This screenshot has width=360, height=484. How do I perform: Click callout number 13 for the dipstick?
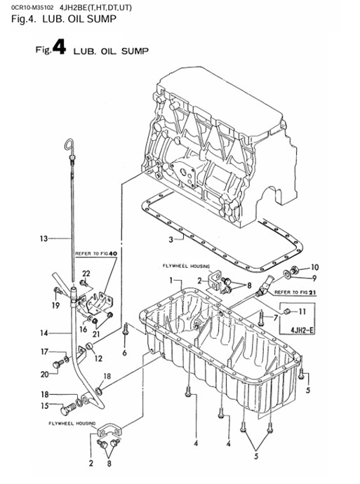44,238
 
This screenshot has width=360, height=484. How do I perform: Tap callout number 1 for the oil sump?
169,279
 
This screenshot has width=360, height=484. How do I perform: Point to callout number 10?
314,267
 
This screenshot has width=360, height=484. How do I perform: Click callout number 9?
314,278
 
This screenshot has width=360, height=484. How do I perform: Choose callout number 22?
86,273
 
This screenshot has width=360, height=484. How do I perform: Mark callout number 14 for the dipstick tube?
44,333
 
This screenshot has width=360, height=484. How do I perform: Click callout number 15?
44,405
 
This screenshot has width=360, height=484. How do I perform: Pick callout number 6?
124,353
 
